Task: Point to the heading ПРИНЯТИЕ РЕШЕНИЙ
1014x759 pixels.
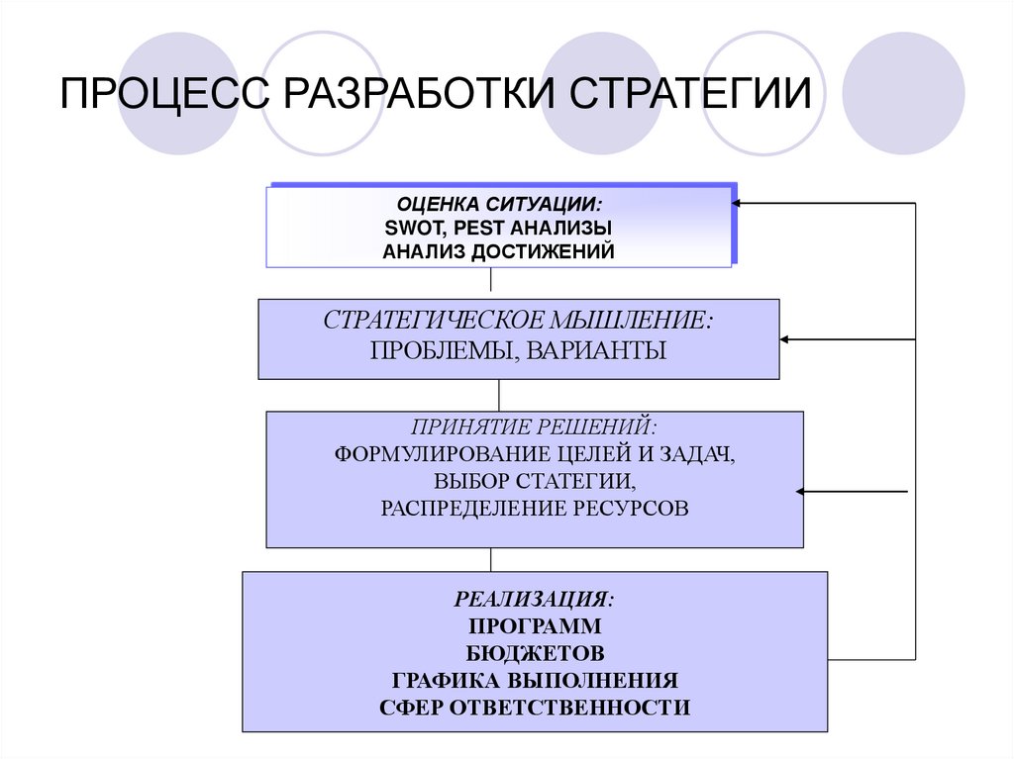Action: [535, 429]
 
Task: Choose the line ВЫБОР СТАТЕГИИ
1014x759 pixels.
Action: [534, 482]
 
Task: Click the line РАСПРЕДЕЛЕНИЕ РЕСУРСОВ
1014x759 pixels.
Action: [534, 509]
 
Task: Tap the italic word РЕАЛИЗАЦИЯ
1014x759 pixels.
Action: [534, 600]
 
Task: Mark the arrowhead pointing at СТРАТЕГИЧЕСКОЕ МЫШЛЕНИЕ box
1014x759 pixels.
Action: [786, 339]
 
